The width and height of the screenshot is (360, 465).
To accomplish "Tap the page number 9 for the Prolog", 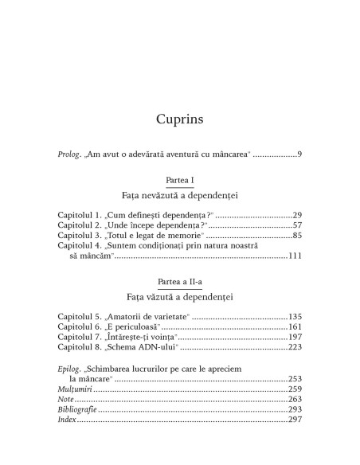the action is (298, 153).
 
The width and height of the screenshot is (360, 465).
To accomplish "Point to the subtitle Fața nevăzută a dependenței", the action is (180, 195).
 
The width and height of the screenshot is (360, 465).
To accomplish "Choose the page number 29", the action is (295, 215).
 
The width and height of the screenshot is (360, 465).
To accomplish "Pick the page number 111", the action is (294, 256).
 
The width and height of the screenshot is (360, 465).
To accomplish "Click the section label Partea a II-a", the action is (180, 283).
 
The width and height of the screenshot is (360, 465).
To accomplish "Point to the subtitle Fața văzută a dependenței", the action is (180, 297).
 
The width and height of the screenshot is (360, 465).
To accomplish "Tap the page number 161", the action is (294, 327).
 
